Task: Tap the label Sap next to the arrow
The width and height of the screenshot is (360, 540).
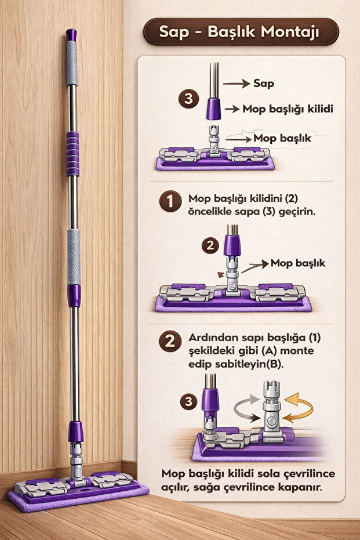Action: click(x=264, y=84)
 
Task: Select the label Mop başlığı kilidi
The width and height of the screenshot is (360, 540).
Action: click(x=288, y=109)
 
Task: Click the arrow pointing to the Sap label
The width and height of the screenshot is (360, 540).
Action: click(x=236, y=84)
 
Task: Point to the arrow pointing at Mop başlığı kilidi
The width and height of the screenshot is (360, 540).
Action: click(x=232, y=109)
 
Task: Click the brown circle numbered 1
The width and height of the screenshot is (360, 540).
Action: click(x=170, y=201)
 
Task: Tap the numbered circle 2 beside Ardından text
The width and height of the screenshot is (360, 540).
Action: click(x=170, y=341)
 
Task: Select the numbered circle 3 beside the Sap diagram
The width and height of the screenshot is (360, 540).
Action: click(x=188, y=99)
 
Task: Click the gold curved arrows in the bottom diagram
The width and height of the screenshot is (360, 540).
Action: click(x=298, y=408)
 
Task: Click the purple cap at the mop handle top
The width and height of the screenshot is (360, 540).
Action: click(x=71, y=35)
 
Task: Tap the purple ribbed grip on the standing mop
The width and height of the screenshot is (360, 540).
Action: click(x=72, y=154)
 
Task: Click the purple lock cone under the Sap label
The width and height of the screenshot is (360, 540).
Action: click(x=213, y=109)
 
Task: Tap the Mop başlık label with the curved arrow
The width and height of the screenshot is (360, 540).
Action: click(x=298, y=263)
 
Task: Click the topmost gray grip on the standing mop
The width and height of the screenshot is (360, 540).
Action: click(x=71, y=64)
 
